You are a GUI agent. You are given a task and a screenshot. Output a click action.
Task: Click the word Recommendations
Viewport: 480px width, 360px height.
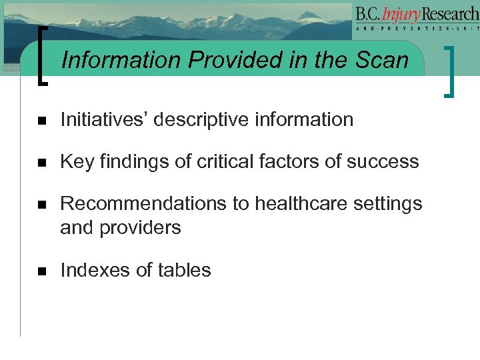pyautogui.click(x=143, y=203)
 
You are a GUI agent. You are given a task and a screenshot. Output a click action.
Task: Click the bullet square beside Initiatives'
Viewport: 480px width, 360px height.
pyautogui.click(x=41, y=121)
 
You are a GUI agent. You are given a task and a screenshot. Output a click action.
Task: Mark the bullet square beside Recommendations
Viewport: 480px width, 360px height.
pyautogui.click(x=41, y=205)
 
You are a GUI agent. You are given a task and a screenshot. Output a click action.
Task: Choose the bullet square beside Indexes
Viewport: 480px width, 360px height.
pyautogui.click(x=41, y=271)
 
